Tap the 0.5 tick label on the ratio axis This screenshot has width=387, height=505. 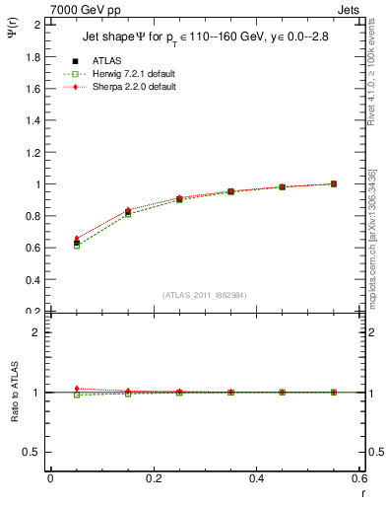click(x=31, y=452)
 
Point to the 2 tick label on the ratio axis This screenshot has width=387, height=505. click(x=35, y=332)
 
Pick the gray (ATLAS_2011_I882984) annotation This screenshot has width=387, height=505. click(x=205, y=295)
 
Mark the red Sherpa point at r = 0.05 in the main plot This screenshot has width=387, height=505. click(x=77, y=239)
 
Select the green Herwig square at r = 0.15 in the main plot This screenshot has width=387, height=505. click(x=128, y=214)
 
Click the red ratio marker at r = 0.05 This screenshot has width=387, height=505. click(x=77, y=389)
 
